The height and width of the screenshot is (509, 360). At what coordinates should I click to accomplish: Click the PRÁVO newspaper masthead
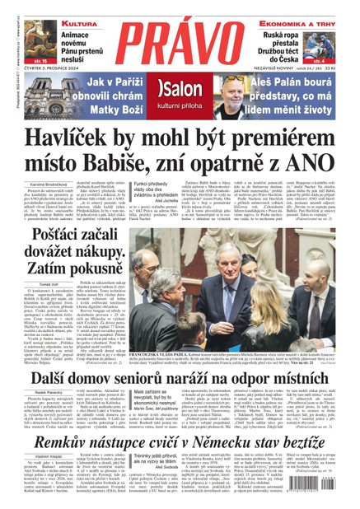point(180,37)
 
